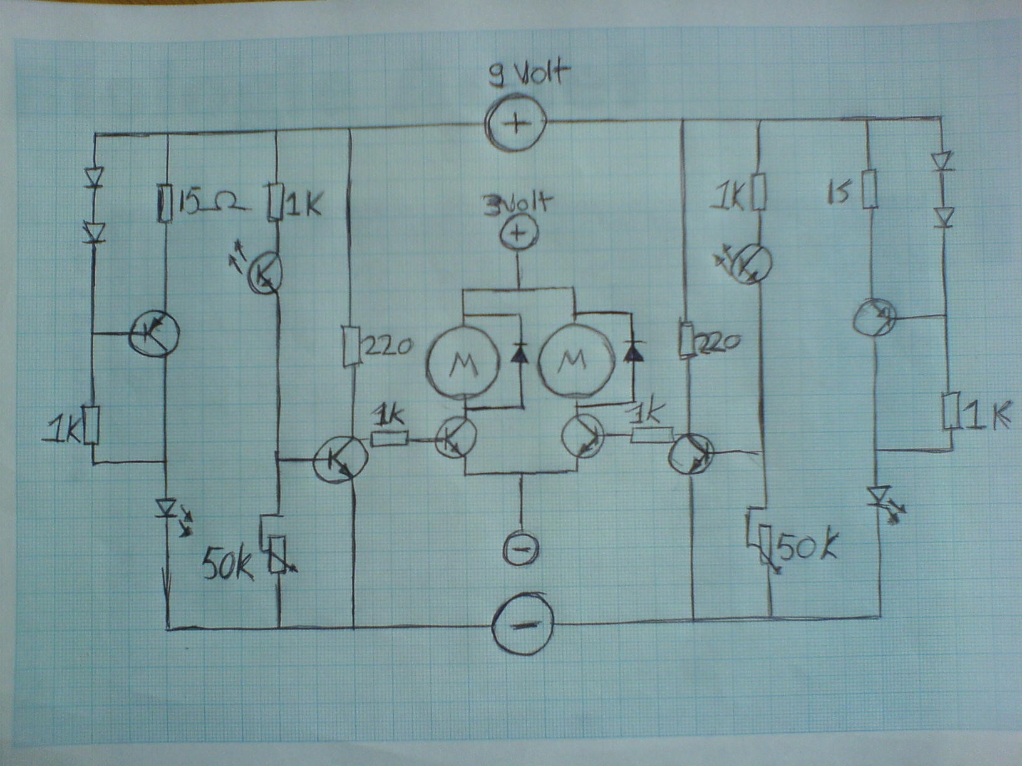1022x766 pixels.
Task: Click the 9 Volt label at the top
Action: click(529, 74)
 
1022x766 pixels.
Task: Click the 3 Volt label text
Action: click(517, 204)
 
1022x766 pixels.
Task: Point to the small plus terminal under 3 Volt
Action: click(517, 234)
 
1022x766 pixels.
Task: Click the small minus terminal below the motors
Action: click(521, 549)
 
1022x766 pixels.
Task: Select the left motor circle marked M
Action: click(463, 361)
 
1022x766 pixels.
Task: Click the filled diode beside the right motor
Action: click(633, 353)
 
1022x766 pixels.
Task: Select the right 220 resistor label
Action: click(718, 342)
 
